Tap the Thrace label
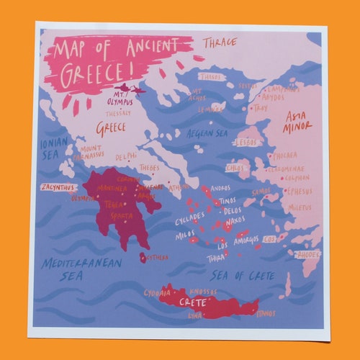coord(219,42)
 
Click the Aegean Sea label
coord(209,134)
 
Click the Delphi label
coord(125,156)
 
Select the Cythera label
coord(158,257)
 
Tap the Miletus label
coord(298,207)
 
